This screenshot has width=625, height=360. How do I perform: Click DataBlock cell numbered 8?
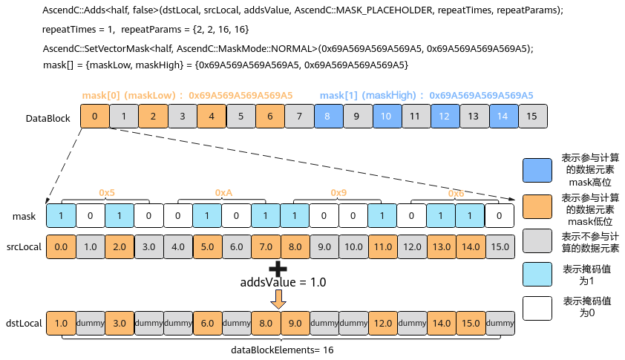pos(328,117)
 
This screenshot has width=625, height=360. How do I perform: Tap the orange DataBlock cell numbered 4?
pos(212,117)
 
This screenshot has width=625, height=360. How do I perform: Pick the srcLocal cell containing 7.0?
pos(266,247)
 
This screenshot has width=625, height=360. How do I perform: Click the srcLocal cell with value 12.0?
pos(412,247)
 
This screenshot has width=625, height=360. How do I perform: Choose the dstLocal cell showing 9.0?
pos(295,324)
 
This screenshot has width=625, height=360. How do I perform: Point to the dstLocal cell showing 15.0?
pos(471,324)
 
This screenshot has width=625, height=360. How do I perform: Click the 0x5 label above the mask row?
pos(107,192)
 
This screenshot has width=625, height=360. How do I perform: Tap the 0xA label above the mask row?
pos(223,192)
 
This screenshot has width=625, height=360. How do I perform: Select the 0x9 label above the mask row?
pos(338,192)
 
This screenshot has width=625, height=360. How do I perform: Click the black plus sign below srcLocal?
pos(278,269)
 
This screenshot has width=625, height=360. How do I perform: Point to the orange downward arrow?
pos(278,299)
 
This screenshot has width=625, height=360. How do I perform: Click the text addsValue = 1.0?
pos(283,282)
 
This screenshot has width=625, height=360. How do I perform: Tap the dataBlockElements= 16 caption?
pos(282,350)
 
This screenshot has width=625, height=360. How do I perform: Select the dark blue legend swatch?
pos(537,170)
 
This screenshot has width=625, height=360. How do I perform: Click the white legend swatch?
pos(537,308)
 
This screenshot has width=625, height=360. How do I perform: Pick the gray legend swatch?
pos(537,240)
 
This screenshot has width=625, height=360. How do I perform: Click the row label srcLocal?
pos(24,247)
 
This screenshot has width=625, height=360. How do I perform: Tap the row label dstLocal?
pos(24,324)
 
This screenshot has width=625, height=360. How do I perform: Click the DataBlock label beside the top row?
pos(48,119)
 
